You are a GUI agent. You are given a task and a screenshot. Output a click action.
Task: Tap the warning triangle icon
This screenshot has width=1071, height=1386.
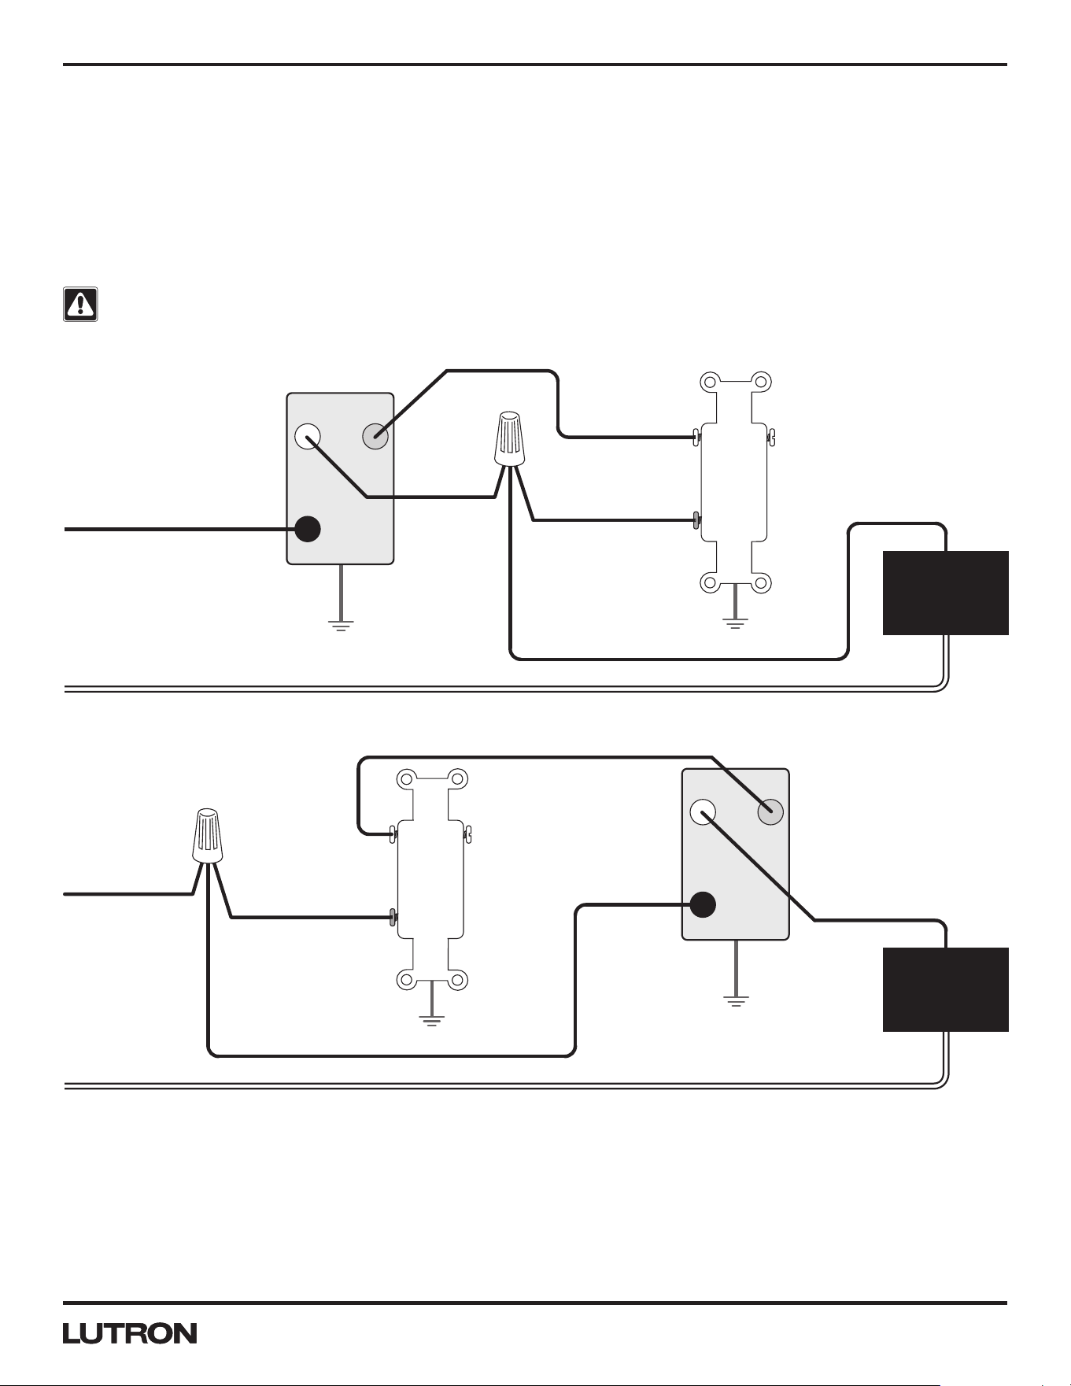click(x=80, y=304)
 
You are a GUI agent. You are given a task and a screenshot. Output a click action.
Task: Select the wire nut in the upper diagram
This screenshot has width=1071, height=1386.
click(x=509, y=438)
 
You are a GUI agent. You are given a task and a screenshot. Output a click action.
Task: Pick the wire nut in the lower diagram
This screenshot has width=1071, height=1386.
click(x=207, y=835)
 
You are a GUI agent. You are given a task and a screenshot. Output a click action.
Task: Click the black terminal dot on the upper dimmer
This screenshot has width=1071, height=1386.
click(x=308, y=529)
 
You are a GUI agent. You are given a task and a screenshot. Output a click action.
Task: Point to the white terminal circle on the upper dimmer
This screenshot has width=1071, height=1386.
click(x=308, y=435)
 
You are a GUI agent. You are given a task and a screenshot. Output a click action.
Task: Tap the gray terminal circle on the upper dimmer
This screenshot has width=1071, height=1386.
click(x=375, y=435)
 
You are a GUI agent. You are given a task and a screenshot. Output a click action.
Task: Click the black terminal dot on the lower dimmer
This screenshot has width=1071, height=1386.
click(x=703, y=904)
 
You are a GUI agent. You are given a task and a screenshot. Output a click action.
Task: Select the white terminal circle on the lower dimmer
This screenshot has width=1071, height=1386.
click(x=703, y=811)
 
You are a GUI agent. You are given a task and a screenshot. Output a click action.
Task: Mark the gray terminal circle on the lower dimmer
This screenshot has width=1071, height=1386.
click(x=770, y=811)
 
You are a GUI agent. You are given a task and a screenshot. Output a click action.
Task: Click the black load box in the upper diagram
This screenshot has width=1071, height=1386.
click(x=946, y=593)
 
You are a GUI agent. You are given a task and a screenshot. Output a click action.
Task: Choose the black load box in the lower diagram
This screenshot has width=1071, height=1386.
click(x=946, y=989)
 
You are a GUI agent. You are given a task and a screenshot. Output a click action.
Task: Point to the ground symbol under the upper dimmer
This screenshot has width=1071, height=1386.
click(x=341, y=626)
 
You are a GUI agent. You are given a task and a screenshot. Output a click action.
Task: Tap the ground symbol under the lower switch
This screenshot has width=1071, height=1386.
click(x=431, y=1021)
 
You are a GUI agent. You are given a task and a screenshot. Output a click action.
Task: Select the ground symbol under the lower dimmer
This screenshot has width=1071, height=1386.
click(x=736, y=1001)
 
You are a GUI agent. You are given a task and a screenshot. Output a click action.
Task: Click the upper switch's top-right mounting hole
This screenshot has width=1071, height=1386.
click(x=760, y=383)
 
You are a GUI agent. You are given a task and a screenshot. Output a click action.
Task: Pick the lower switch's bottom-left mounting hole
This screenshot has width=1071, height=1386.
click(x=406, y=980)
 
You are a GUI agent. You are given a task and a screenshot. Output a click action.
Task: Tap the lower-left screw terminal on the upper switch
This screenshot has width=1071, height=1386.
click(x=696, y=519)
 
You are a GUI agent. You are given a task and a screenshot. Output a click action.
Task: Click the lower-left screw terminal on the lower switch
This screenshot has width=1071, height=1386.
click(x=393, y=917)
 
